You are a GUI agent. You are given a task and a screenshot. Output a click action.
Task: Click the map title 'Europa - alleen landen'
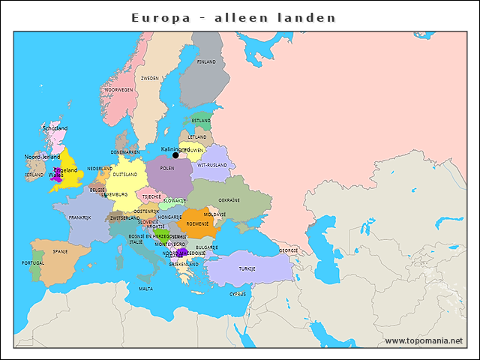coord(233,17)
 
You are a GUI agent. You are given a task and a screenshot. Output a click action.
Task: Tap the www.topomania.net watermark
coord(424,340)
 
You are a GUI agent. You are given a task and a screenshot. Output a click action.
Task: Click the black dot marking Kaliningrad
coord(175,155)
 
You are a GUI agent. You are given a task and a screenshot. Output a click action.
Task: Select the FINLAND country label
coord(205,62)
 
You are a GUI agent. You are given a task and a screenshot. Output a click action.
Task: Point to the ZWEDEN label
coord(150,78)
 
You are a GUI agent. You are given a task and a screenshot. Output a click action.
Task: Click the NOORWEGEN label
coord(119,89)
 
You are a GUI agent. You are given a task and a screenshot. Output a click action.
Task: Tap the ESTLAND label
coord(201,120)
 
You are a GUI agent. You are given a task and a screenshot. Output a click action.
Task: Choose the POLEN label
coord(167,169)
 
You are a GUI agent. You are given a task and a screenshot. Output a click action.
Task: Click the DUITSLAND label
coord(125,174)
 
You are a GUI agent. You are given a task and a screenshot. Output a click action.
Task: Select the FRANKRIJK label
coord(79,217)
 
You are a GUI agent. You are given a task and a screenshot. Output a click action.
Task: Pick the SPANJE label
coord(60,251)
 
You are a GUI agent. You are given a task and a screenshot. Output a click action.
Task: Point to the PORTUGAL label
coord(33,263)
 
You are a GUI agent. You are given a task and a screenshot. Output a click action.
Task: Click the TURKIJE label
coord(247,268)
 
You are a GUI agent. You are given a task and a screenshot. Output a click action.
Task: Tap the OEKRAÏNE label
coord(229,200)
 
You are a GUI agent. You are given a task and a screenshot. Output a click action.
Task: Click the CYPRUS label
coord(238,294)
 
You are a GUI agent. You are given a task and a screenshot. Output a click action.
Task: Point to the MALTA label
coord(145,289)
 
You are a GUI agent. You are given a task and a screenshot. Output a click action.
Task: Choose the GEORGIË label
coord(289,250)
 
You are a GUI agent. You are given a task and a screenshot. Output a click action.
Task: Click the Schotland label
coord(55,128)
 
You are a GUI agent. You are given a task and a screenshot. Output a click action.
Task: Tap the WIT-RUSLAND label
coord(211,165)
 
